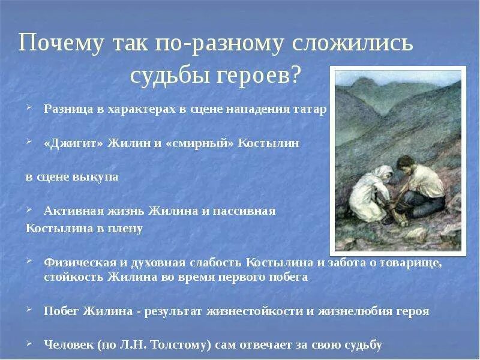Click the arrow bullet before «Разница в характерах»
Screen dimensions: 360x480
[29, 109]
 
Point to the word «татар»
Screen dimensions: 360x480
[310, 110]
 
